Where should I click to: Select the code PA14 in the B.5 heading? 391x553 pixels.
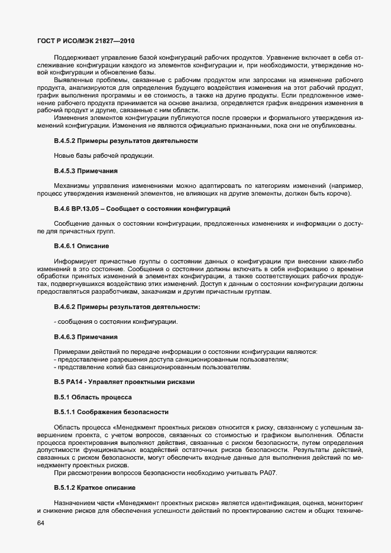pos(76,382)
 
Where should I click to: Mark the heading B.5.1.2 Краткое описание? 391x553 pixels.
pos(95,488)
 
